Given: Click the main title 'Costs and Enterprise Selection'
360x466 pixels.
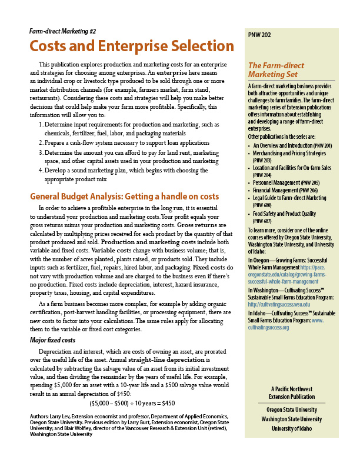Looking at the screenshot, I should (131, 46).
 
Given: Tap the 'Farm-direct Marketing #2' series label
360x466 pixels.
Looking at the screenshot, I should (62, 30).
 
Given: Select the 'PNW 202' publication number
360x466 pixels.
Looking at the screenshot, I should (260, 35).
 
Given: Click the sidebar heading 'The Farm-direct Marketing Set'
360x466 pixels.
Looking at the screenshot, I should (276, 70).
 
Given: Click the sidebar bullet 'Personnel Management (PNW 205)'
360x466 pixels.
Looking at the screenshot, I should (291, 182).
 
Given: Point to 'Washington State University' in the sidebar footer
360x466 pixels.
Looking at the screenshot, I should (292, 419).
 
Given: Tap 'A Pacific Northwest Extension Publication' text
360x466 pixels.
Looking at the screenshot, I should (292, 393).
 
